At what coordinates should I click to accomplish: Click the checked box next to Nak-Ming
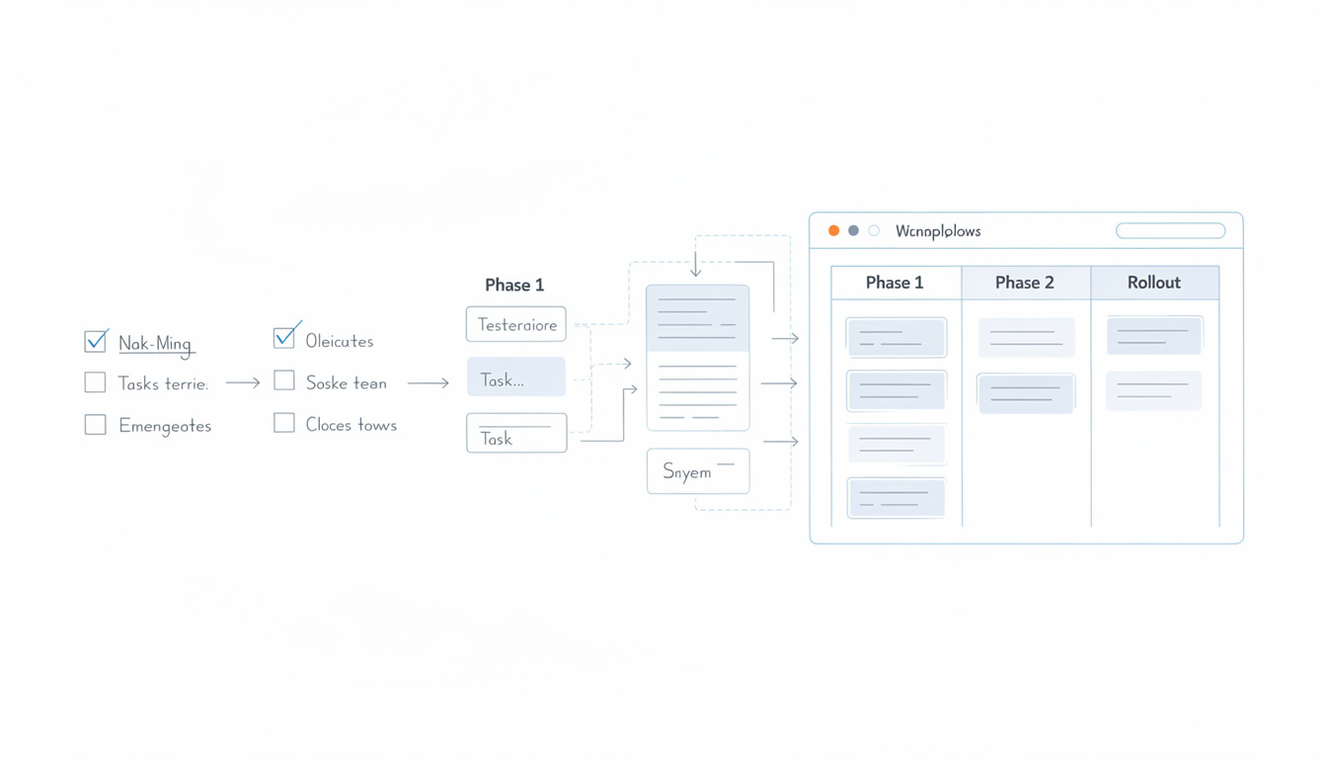tap(96, 342)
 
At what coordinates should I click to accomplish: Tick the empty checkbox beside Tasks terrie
tap(95, 382)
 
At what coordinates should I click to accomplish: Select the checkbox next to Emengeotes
tap(95, 425)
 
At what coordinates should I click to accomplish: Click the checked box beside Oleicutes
tap(284, 338)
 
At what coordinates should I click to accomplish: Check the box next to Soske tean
tap(284, 380)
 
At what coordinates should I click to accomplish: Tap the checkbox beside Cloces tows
tap(284, 423)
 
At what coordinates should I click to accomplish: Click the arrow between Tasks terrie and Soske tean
tap(243, 382)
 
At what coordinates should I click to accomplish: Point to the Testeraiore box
tap(516, 324)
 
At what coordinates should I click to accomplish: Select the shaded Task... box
tap(516, 378)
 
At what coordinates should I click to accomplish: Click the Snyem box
tap(698, 471)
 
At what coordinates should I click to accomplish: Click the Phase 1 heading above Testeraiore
tap(514, 285)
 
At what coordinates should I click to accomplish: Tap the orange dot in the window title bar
tap(833, 230)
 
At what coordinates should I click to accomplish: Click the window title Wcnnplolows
tap(938, 231)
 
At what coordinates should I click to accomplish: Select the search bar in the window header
tap(1170, 230)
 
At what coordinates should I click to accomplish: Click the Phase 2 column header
tap(1025, 283)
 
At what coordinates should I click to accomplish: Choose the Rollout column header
tap(1154, 283)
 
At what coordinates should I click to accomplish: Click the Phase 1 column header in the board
tap(895, 283)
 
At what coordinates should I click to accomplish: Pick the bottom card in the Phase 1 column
tap(897, 497)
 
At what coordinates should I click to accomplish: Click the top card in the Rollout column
tap(1154, 336)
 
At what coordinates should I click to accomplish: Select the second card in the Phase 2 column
tap(1026, 393)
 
